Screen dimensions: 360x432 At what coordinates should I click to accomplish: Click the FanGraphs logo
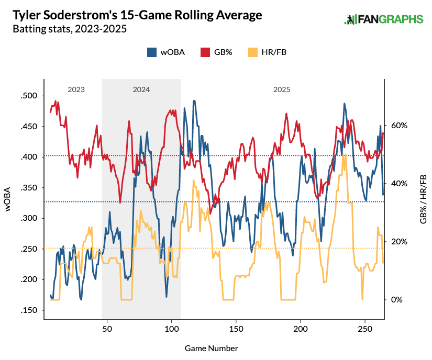pos(383,19)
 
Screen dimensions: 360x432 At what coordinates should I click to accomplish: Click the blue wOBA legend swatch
pos(152,52)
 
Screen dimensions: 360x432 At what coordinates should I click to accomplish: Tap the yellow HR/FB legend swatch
pos(253,52)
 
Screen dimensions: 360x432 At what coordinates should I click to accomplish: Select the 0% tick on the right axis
pos(396,300)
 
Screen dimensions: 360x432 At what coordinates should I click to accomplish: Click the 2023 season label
pos(76,89)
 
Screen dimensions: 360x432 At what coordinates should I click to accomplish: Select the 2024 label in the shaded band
pos(141,89)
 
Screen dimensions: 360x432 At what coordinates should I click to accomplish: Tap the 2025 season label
pos(282,89)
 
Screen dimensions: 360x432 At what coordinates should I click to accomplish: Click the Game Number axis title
pos(212,348)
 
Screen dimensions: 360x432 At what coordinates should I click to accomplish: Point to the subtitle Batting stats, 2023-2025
pos(70,29)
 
